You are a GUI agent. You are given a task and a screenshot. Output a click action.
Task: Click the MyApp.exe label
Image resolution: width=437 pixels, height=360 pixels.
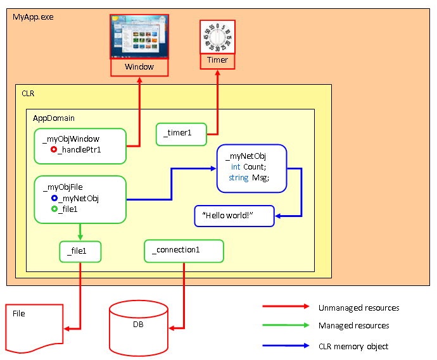click(33, 16)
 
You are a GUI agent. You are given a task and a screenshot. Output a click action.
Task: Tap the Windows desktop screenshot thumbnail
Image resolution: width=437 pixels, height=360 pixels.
click(139, 36)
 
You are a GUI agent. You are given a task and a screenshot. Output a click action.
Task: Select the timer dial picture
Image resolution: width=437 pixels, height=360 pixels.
click(217, 37)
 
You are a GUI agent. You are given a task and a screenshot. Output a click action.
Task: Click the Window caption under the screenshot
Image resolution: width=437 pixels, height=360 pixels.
click(139, 67)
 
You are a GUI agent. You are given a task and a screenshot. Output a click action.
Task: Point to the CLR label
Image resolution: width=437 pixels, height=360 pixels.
click(28, 93)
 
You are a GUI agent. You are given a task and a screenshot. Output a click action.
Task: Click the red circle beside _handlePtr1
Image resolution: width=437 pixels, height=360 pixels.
click(54, 150)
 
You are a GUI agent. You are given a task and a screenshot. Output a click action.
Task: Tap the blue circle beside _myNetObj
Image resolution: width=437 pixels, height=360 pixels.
click(54, 198)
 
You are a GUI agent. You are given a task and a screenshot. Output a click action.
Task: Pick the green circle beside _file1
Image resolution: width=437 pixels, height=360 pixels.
click(54, 209)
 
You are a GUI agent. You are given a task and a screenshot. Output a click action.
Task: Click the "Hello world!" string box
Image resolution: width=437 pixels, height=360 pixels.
click(234, 216)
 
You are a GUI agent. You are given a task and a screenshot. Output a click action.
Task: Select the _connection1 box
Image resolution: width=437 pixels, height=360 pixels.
click(184, 251)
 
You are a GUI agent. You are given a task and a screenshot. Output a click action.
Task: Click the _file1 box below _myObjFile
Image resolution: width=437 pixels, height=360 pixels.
click(80, 252)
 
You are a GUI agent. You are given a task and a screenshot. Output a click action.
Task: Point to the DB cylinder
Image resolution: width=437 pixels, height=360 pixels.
click(139, 325)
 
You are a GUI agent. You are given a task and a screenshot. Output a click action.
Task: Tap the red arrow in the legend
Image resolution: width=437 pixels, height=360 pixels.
click(284, 308)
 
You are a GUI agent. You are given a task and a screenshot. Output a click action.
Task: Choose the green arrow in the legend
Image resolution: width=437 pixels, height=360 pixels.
click(284, 326)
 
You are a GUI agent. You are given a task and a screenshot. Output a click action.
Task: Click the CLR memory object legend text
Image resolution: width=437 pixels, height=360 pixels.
click(353, 346)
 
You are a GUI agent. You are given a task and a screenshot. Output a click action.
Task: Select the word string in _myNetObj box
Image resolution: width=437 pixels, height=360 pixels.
click(238, 178)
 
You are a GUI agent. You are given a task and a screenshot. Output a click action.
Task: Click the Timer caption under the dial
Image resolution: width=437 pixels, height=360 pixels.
click(217, 61)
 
